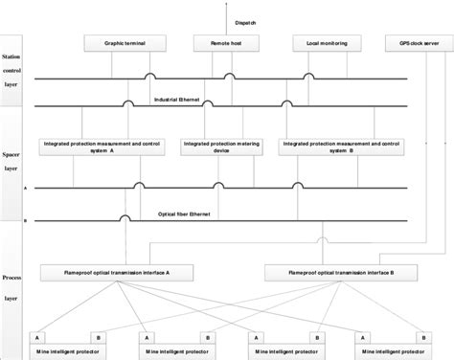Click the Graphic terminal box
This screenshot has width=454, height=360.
(x=113, y=43)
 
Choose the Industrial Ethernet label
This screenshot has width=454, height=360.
(x=177, y=98)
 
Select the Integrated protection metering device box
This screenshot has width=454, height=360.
(x=221, y=146)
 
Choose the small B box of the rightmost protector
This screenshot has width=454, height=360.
(x=421, y=337)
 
